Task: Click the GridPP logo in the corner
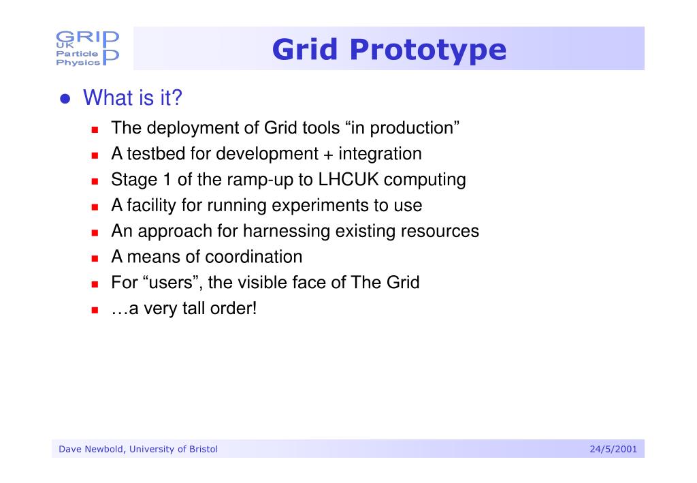[87, 48]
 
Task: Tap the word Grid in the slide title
[306, 50]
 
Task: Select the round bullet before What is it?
[65, 99]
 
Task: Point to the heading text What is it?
[133, 99]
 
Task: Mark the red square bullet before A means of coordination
[96, 258]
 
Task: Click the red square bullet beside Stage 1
[96, 181]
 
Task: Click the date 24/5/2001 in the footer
[613, 449]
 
